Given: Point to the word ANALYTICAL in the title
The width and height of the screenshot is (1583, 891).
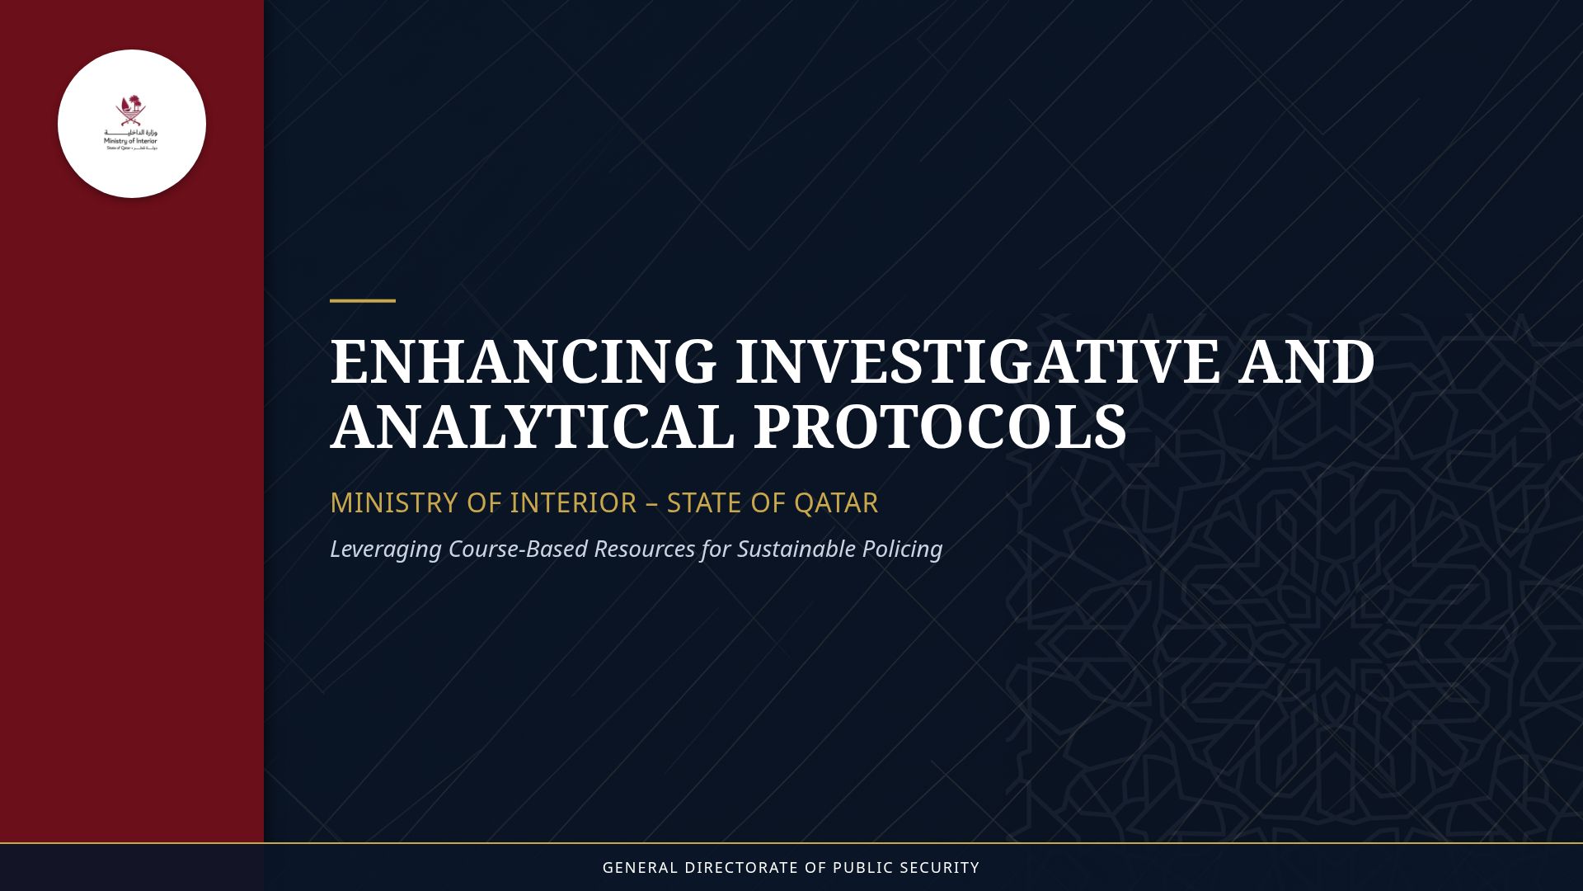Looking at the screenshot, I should pos(532,427).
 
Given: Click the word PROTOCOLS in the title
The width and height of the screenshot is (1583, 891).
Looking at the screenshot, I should pos(939,427).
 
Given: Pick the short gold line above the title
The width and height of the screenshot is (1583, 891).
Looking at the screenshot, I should pos(363,301).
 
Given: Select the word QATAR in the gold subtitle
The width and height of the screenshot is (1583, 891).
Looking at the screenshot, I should pos(836,502).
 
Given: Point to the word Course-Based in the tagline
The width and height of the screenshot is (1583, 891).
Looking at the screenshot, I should pos(518,549).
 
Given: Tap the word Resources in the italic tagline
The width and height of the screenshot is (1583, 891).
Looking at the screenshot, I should pos(644,549).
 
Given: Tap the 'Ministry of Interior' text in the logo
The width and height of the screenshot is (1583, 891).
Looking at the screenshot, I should pos(130,141).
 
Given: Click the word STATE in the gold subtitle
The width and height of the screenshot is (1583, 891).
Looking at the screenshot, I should pos(699,502).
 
